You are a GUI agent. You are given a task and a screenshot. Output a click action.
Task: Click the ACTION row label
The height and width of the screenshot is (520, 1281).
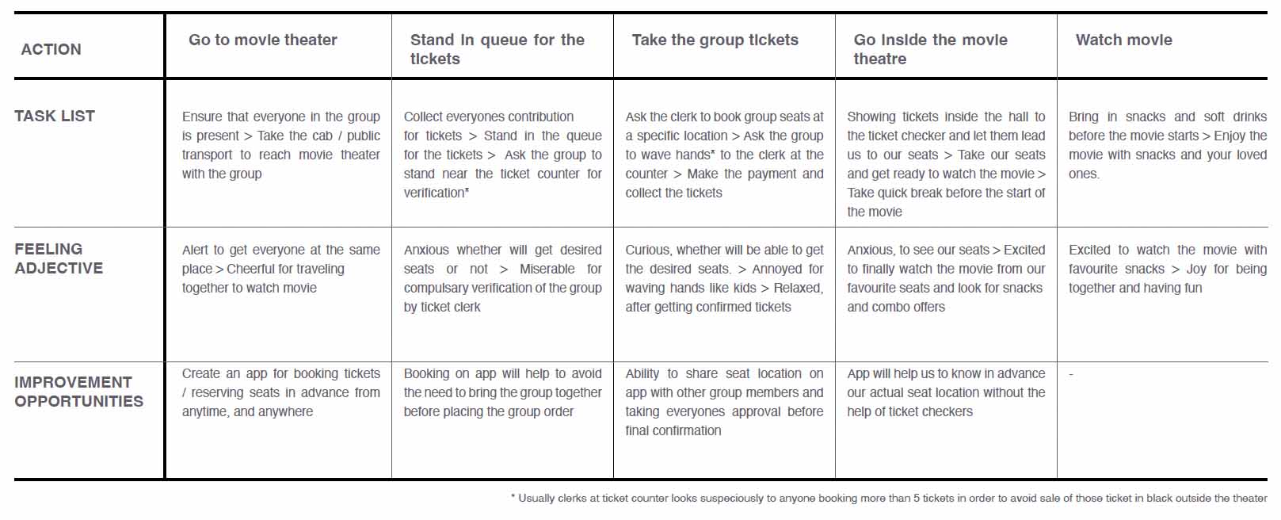(51, 49)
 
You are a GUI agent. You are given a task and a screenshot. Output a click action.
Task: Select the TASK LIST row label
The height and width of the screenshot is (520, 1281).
(55, 116)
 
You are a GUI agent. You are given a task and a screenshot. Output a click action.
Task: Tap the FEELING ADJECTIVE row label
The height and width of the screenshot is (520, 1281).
(59, 258)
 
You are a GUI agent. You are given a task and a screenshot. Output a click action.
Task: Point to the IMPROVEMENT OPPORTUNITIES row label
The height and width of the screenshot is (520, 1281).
(78, 392)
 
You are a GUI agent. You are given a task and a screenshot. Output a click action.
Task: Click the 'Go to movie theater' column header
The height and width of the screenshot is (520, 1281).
(262, 40)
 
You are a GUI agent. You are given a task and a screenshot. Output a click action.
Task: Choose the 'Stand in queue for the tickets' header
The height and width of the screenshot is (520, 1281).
(497, 49)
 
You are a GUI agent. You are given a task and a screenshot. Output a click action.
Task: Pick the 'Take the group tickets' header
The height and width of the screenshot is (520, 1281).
(715, 40)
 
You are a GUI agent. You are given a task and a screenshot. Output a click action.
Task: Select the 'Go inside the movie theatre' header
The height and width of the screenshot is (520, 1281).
(930, 49)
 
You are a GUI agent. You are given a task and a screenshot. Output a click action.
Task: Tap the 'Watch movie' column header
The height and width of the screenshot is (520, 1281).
(1123, 40)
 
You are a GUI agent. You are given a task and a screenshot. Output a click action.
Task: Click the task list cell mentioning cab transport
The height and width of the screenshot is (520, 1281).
(280, 145)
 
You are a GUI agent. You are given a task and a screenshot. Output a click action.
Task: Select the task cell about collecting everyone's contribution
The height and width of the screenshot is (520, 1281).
(502, 155)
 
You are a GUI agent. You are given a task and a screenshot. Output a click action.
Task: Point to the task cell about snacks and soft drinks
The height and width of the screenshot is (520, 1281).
(1167, 145)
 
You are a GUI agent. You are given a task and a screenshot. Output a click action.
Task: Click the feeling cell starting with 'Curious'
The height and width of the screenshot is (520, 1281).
(724, 278)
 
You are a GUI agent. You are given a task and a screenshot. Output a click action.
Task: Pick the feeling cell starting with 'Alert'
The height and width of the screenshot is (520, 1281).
(280, 269)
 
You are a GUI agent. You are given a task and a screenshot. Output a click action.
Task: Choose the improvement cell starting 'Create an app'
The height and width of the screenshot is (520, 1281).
(280, 392)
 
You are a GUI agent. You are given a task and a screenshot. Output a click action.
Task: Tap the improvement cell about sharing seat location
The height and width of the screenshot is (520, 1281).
(724, 402)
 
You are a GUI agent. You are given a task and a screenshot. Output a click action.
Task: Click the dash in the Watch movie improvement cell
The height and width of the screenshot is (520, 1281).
(1071, 374)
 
